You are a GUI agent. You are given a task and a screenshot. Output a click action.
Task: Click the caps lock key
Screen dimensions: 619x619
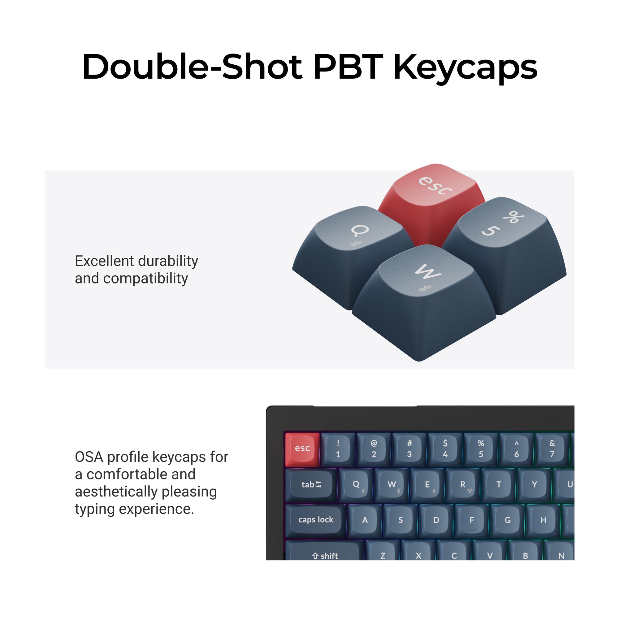tap(316, 520)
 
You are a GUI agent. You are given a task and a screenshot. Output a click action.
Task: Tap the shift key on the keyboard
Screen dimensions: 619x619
tap(325, 555)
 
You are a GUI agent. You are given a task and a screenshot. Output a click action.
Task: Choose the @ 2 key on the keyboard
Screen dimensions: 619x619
tap(374, 448)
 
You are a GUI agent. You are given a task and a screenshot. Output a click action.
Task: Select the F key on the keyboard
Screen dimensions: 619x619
tap(472, 520)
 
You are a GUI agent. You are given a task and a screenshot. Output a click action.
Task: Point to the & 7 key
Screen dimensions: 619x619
tap(552, 448)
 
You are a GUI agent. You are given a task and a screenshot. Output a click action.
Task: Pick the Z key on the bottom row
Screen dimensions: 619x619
tap(383, 555)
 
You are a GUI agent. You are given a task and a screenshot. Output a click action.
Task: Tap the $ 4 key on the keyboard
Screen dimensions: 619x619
tap(445, 448)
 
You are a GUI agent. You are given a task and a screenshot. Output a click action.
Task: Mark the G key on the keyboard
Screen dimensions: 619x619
tap(508, 520)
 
